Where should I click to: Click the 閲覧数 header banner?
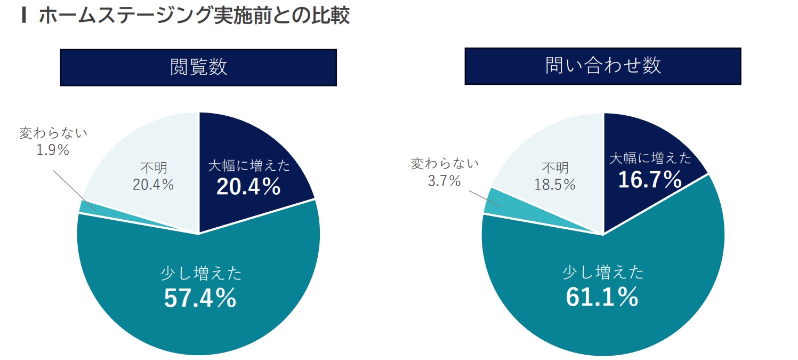(198, 67)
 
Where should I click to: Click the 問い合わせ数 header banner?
(602, 66)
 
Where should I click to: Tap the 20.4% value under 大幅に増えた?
(248, 187)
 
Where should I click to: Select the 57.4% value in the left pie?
(200, 298)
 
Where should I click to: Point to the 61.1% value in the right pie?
(602, 297)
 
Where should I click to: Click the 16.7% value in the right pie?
(650, 180)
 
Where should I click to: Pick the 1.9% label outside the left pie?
(53, 150)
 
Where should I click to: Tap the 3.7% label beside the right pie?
(444, 181)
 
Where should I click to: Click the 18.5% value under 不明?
(555, 185)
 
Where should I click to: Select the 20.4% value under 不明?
(153, 185)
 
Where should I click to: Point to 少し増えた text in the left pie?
(201, 274)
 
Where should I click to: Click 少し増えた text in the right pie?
(603, 273)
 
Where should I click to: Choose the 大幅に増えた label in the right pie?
(650, 158)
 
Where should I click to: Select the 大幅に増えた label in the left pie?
(249, 166)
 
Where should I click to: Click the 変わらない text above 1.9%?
(53, 133)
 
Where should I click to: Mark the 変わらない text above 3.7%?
(445, 164)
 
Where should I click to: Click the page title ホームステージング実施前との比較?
(194, 16)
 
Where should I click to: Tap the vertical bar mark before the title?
(23, 16)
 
